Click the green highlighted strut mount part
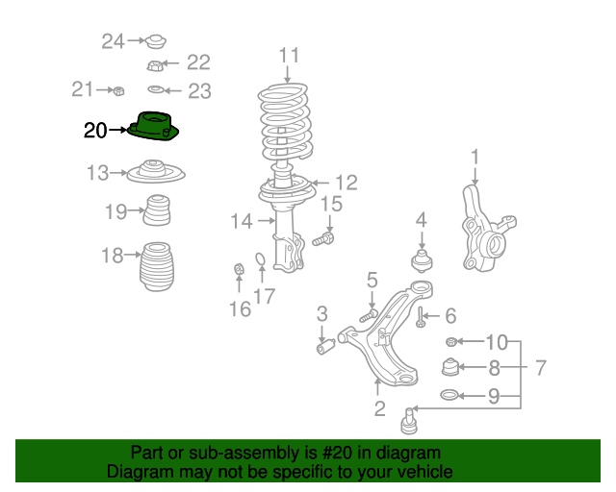[x=154, y=126]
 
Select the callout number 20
[x=95, y=131]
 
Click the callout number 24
[x=114, y=40]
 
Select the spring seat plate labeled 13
[x=154, y=174]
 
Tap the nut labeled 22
[x=154, y=65]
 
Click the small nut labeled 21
[x=117, y=91]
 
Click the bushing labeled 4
[x=421, y=261]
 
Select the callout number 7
[x=541, y=367]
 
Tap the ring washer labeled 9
[x=449, y=395]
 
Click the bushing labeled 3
[x=326, y=343]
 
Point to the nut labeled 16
[x=239, y=272]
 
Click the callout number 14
[x=241, y=221]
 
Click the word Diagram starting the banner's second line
[x=136, y=472]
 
